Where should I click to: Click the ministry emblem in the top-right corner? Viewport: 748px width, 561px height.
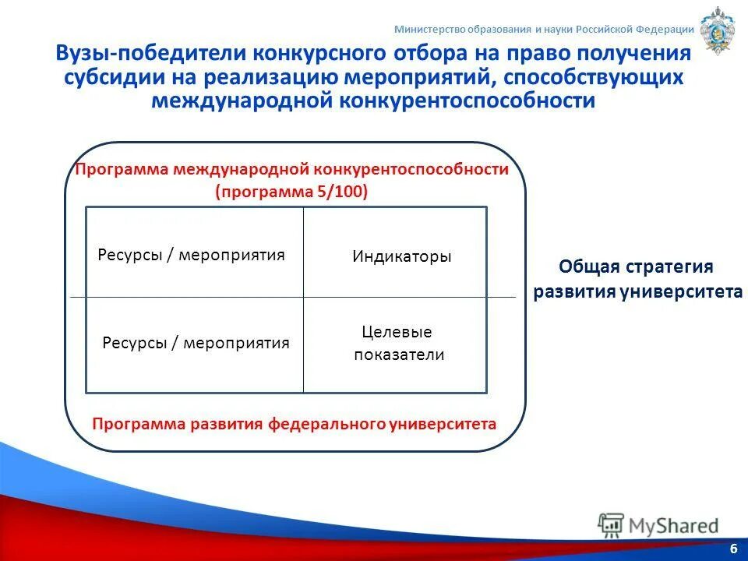717,30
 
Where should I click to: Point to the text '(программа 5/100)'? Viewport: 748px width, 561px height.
291,192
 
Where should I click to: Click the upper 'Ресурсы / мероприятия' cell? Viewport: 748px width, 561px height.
192,255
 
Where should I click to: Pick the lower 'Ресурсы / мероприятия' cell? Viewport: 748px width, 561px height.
196,343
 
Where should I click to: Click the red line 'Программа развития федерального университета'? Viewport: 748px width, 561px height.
294,424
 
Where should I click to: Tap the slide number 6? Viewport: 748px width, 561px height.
733,549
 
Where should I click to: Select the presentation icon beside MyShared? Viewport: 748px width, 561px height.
612,526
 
